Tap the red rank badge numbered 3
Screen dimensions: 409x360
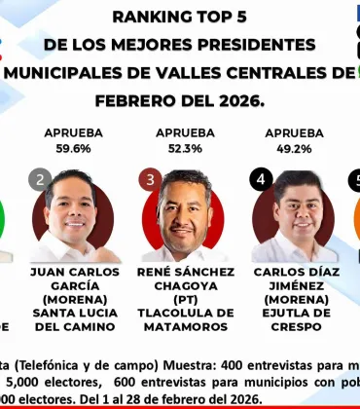(x=150, y=180)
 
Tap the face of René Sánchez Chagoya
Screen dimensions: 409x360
(x=185, y=206)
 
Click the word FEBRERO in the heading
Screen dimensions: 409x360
(x=134, y=99)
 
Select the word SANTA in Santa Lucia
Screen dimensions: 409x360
(x=50, y=314)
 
